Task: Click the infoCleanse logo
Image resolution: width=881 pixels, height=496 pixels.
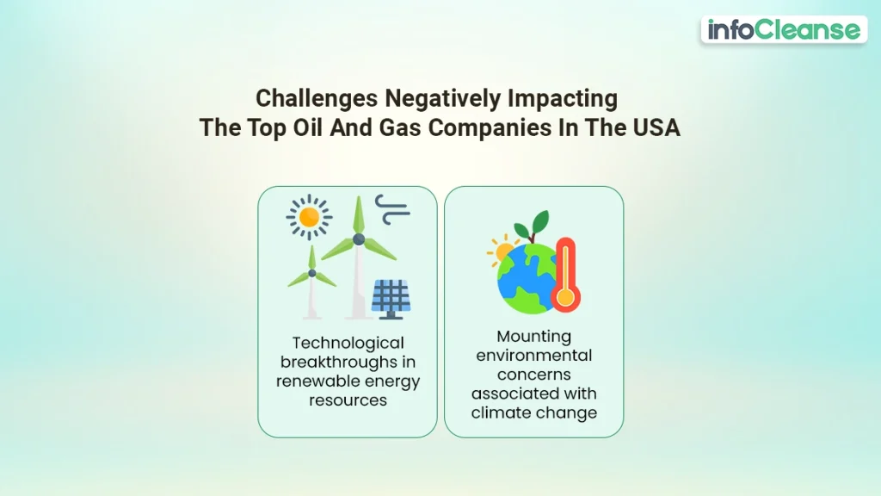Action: pos(784,30)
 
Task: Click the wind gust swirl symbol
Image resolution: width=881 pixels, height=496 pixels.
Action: pos(392,208)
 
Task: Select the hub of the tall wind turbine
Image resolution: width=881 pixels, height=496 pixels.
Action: pos(359,239)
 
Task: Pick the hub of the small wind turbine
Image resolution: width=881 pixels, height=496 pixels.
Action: pos(312,273)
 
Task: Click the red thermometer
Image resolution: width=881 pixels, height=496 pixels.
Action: pos(565,275)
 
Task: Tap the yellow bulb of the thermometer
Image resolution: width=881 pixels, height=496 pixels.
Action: pos(565,297)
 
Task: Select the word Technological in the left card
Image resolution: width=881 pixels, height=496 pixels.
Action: pos(348,344)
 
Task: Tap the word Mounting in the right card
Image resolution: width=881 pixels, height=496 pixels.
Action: pos(533,337)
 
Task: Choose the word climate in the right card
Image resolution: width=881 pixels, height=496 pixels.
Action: pos(505,412)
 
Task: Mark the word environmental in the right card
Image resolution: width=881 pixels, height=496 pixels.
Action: pos(533,356)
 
